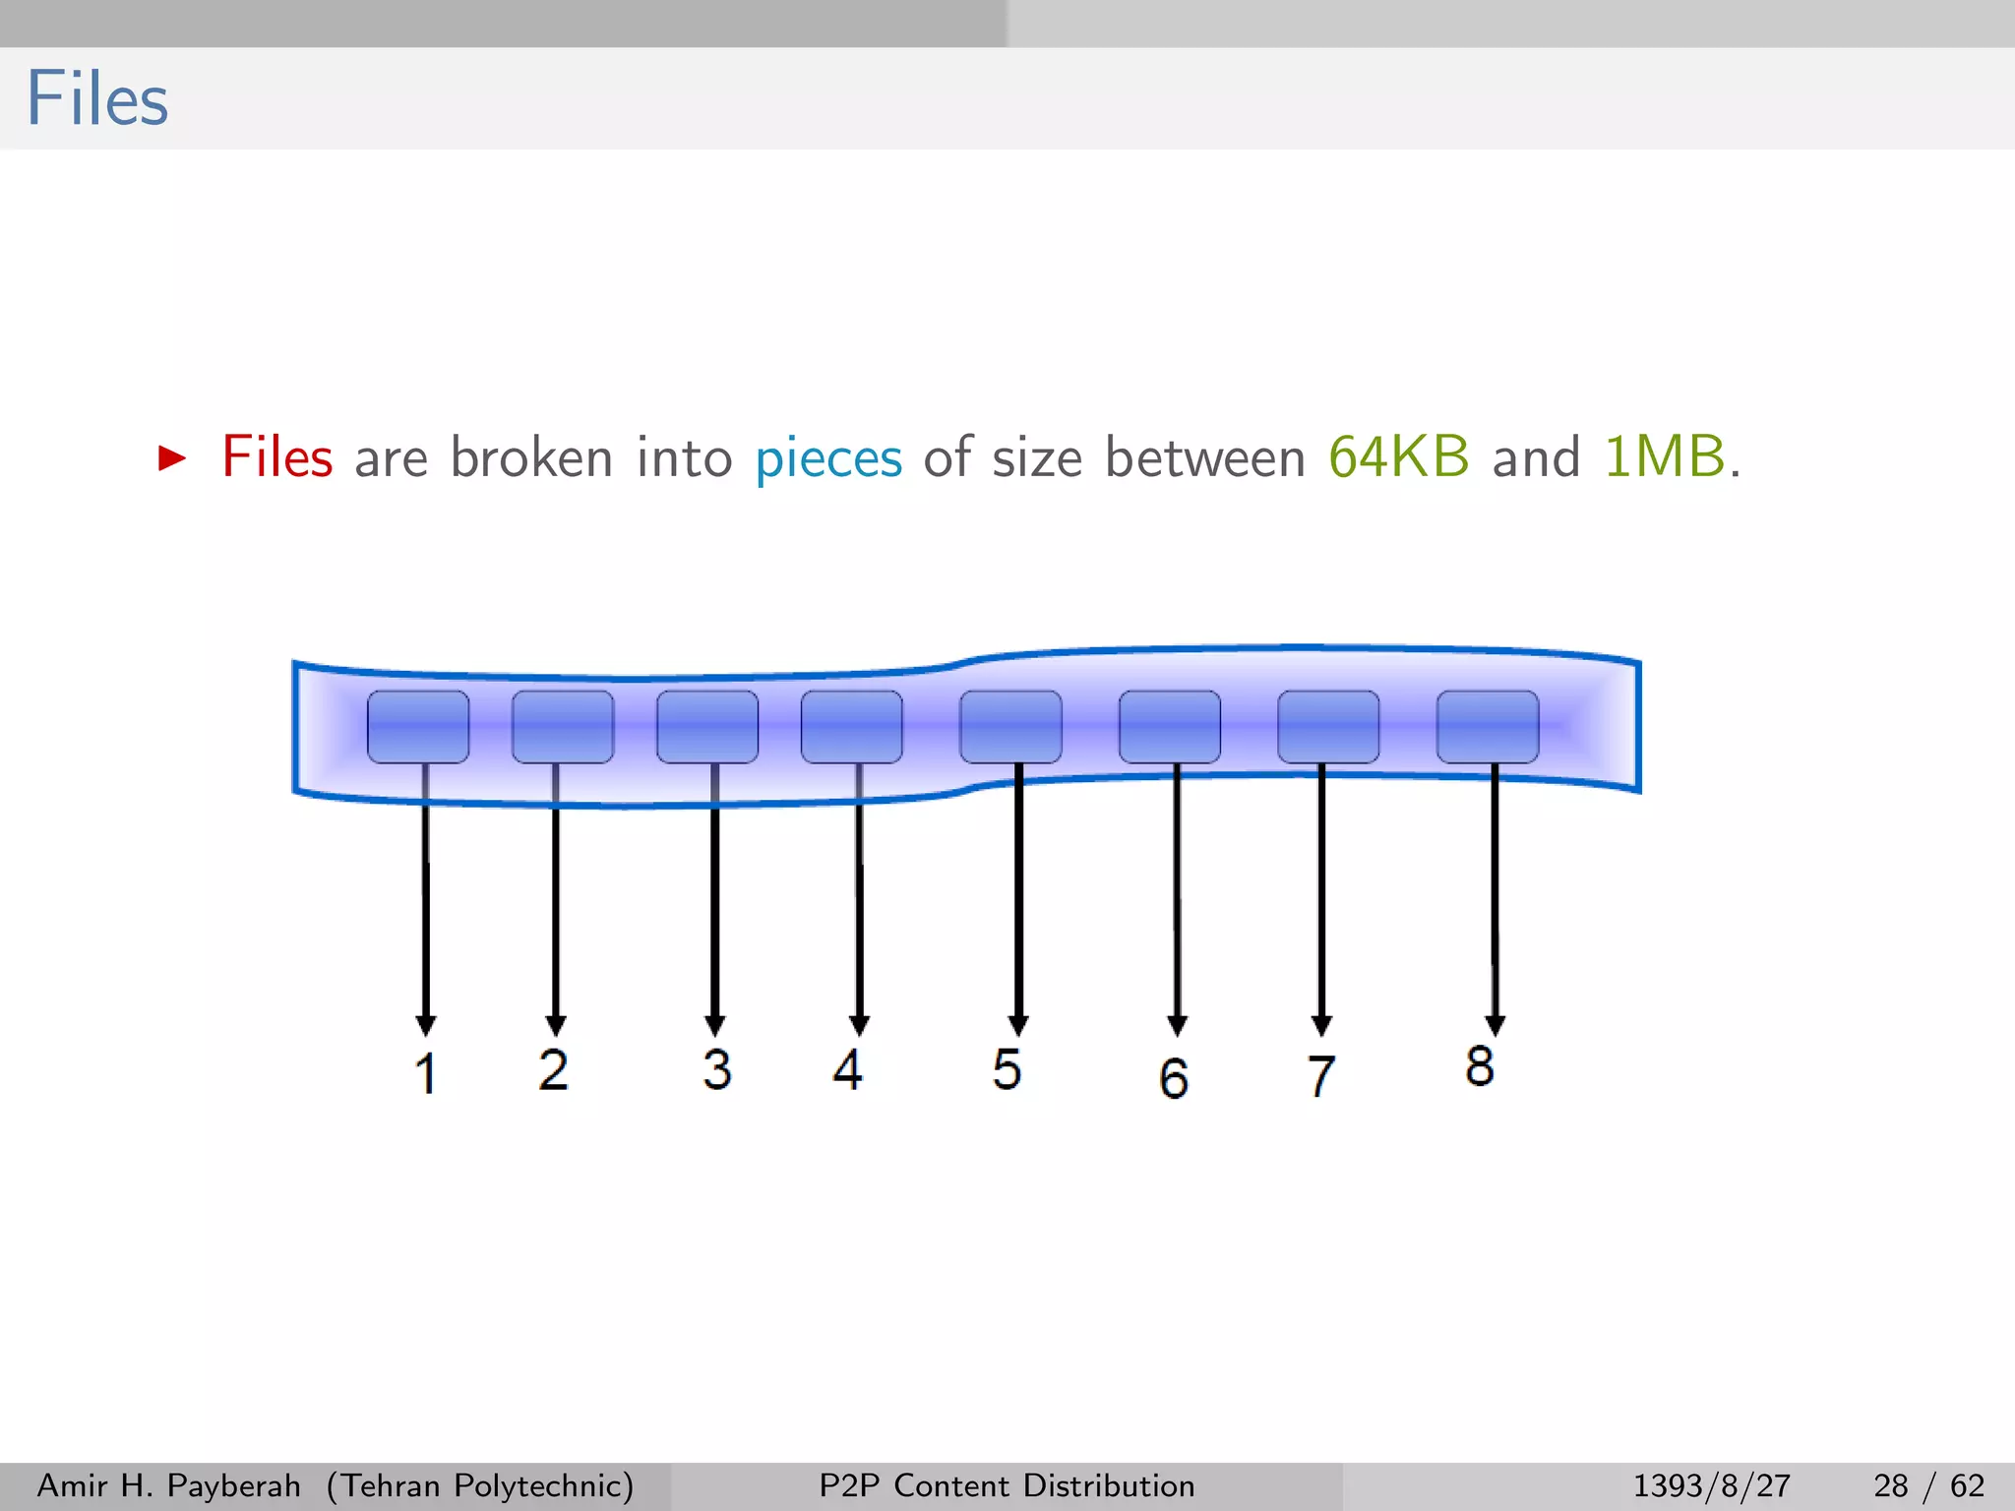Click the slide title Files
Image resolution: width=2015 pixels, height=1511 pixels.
pyautogui.click(x=97, y=99)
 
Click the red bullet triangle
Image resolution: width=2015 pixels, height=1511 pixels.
pyautogui.click(x=172, y=457)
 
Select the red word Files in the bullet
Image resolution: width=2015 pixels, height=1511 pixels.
pyautogui.click(x=277, y=457)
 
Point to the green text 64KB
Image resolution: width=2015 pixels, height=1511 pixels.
pyautogui.click(x=1398, y=457)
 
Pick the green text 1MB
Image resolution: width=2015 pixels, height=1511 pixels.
pyautogui.click(x=1664, y=457)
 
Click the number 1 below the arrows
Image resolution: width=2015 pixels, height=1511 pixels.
pyautogui.click(x=425, y=1072)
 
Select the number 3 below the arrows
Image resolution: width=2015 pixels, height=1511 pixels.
pyautogui.click(x=716, y=1069)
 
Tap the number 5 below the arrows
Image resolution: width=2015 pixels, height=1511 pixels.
pyautogui.click(x=1007, y=1069)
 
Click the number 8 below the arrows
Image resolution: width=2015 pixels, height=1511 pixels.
pyautogui.click(x=1480, y=1066)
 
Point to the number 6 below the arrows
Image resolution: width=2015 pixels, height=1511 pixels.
pyautogui.click(x=1174, y=1078)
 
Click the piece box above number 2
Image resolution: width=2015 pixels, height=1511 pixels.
pyautogui.click(x=563, y=727)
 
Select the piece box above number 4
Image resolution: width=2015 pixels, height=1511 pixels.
pyautogui.click(x=852, y=727)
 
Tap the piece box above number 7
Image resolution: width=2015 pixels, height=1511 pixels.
pyautogui.click(x=1328, y=727)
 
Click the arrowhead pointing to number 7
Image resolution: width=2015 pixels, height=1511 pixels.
pyautogui.click(x=1321, y=1025)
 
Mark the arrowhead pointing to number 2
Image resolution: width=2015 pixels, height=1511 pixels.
pyautogui.click(x=556, y=1025)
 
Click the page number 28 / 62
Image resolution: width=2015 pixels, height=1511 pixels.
pyautogui.click(x=1928, y=1485)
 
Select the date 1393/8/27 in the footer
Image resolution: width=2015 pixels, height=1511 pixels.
pyautogui.click(x=1711, y=1485)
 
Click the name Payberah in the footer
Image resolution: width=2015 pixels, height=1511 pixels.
pyautogui.click(x=233, y=1486)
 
